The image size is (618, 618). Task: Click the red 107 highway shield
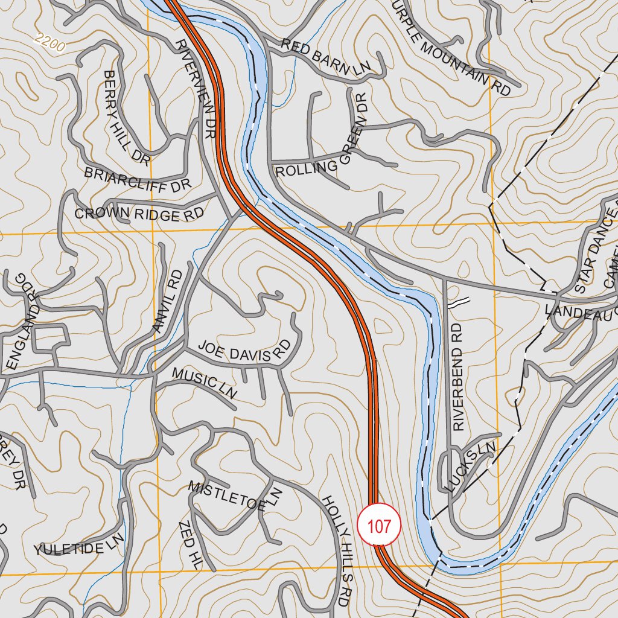(379, 526)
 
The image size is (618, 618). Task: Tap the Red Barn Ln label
(333, 58)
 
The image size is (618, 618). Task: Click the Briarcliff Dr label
(138, 179)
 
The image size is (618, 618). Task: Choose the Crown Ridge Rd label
(139, 214)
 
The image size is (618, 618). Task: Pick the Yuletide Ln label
(78, 544)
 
